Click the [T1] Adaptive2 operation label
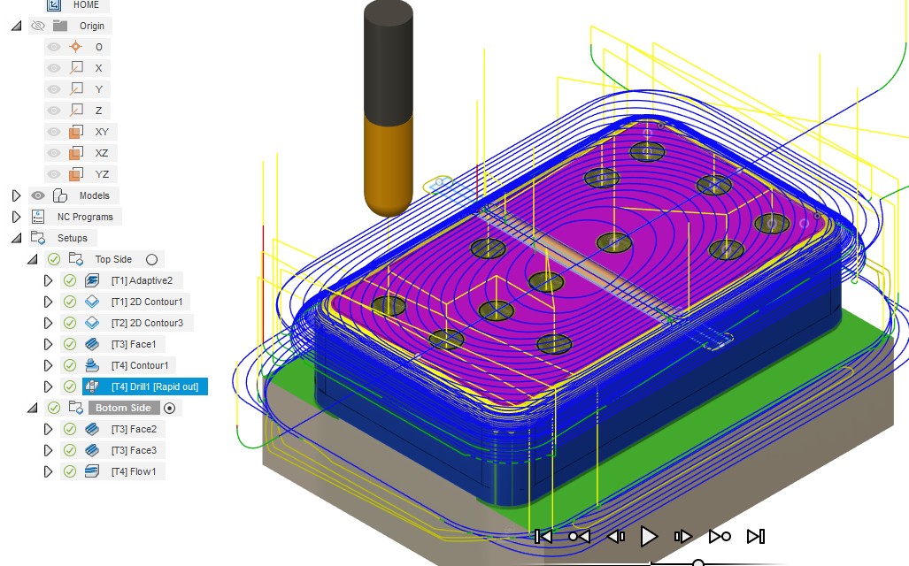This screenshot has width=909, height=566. point(142,280)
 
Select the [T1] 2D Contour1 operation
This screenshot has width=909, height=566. point(147,302)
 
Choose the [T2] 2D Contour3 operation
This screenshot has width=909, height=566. point(147,323)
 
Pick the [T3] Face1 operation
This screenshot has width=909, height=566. point(134,344)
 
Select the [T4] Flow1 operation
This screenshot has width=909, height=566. point(134,471)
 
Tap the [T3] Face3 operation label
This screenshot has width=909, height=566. point(134,450)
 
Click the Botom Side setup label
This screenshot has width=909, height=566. point(123,408)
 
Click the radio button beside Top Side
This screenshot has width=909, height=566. point(152,259)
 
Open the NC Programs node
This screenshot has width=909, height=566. point(85,217)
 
